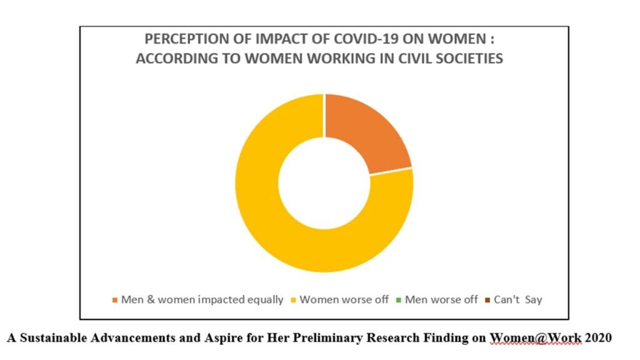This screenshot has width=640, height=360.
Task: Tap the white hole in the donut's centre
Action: point(324,183)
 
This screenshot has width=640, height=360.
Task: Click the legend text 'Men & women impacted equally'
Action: point(202,299)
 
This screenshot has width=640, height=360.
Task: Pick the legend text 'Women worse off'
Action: point(344,299)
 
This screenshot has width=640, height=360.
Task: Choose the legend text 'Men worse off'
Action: point(441,299)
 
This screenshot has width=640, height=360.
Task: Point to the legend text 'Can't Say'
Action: point(518,299)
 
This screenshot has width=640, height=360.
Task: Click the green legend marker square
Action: point(398,301)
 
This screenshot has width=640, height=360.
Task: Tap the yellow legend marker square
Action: point(293,301)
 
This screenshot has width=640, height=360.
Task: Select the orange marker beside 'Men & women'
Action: point(115,301)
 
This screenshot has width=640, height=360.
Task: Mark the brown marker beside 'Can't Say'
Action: point(487,301)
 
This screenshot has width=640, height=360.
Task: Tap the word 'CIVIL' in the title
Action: point(415,58)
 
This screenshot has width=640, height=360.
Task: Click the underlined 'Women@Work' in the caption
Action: point(536,338)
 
